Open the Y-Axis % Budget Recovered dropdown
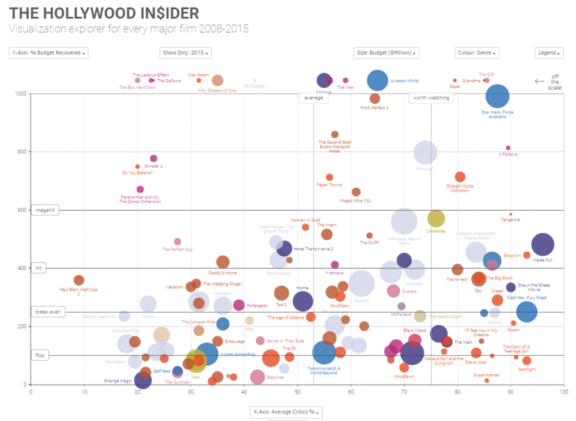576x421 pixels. click(x=49, y=53)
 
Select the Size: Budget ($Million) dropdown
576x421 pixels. click(x=386, y=53)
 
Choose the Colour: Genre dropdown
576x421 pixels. click(x=476, y=53)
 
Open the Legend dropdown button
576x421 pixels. click(x=548, y=53)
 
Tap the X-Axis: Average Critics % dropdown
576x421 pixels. click(x=286, y=412)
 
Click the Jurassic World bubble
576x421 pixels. click(x=377, y=81)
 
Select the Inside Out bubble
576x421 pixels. click(x=543, y=244)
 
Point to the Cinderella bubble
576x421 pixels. click(x=436, y=218)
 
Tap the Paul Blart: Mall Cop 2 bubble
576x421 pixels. click(x=79, y=280)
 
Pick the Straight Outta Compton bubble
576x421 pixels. click(x=460, y=177)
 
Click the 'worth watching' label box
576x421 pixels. click(x=431, y=98)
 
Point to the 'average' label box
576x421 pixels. click(x=313, y=98)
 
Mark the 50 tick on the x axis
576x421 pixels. click(x=297, y=392)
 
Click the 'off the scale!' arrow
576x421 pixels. click(x=540, y=81)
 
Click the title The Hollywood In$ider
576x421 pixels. click(x=104, y=13)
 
